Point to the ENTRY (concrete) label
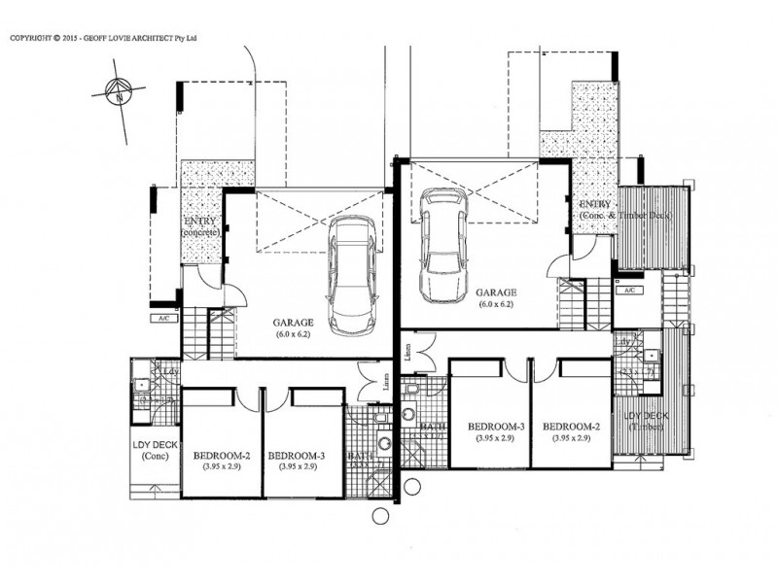pos(200,228)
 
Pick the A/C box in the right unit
pos(629,290)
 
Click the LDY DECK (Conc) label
pos(155,449)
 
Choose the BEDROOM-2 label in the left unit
pos(223,455)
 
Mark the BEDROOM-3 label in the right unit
pos(496,428)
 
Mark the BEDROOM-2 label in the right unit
pos(572,428)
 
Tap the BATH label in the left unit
pos(362,457)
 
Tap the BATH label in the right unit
pos(431,428)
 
